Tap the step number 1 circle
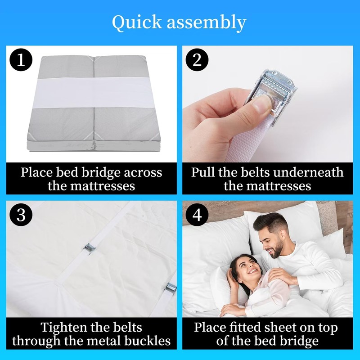tap(21, 60)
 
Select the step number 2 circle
tap(197, 60)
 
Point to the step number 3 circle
tap(21, 215)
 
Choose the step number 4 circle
tap(197, 215)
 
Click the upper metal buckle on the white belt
tap(89, 248)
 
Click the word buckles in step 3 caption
tap(148, 341)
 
